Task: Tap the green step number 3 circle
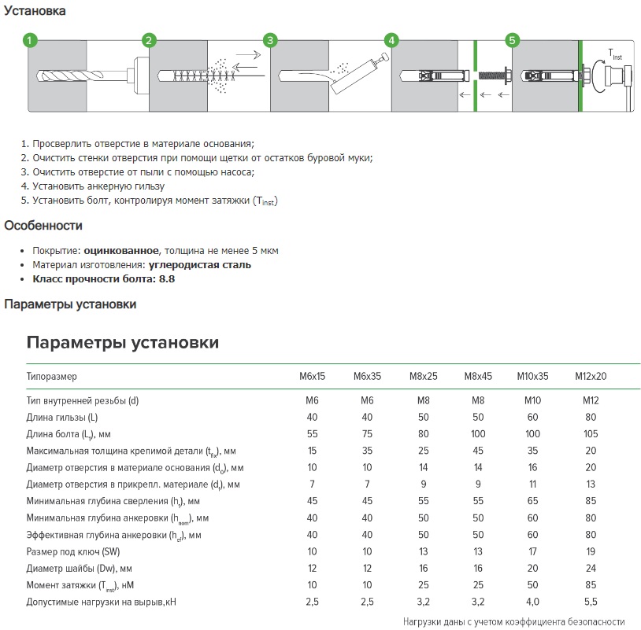tap(270, 40)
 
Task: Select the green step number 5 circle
tap(513, 40)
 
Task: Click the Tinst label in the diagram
tap(614, 54)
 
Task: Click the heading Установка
tap(35, 11)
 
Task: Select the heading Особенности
tap(43, 226)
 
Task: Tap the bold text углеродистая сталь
tap(200, 265)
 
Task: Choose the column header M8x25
tap(423, 377)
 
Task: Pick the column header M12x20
tap(591, 377)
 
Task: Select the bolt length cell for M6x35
tap(367, 433)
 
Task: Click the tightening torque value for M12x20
tap(591, 584)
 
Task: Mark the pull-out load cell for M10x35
tap(533, 601)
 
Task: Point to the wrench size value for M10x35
tap(533, 551)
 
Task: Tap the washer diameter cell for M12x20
tap(591, 567)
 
